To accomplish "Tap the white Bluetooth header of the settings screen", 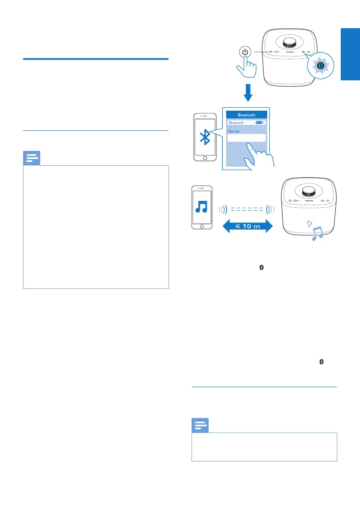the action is tap(246, 115).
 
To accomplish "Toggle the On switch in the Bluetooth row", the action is tap(260, 123).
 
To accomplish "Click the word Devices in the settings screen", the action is tap(233, 131).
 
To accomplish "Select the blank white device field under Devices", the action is tap(246, 138).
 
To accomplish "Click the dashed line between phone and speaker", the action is tap(246, 210).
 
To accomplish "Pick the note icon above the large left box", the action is tap(31, 158).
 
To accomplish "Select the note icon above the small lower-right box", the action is tap(200, 426).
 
